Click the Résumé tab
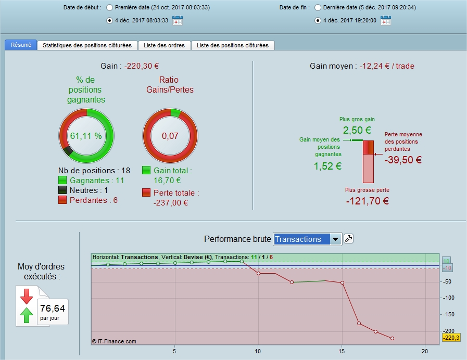[21, 45]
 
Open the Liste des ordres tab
[165, 46]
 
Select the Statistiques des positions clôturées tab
[87, 46]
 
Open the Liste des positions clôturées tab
[233, 46]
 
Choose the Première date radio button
[109, 8]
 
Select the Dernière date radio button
[318, 8]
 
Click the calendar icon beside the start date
[177, 21]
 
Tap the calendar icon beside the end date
[385, 21]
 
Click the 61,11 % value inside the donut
[86, 136]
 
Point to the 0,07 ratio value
[170, 136]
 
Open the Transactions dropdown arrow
[336, 239]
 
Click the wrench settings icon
[349, 239]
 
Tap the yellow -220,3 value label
[451, 338]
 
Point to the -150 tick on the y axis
[448, 314]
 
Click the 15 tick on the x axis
[342, 351]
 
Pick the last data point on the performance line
[392, 339]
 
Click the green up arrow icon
[27, 314]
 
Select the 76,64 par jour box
[52, 311]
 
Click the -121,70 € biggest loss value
[367, 200]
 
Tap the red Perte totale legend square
[147, 193]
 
